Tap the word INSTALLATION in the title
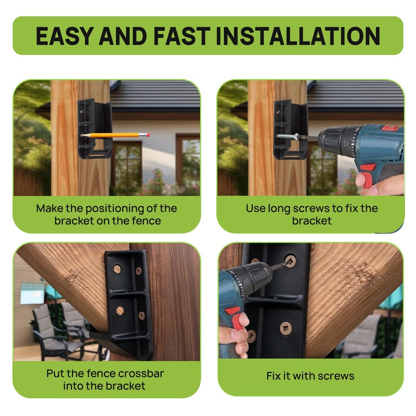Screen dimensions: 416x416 [x=298, y=36]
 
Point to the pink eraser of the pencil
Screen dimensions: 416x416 [x=147, y=135]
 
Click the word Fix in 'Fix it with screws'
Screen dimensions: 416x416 [x=274, y=375]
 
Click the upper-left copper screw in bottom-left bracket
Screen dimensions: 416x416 [x=118, y=269]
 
